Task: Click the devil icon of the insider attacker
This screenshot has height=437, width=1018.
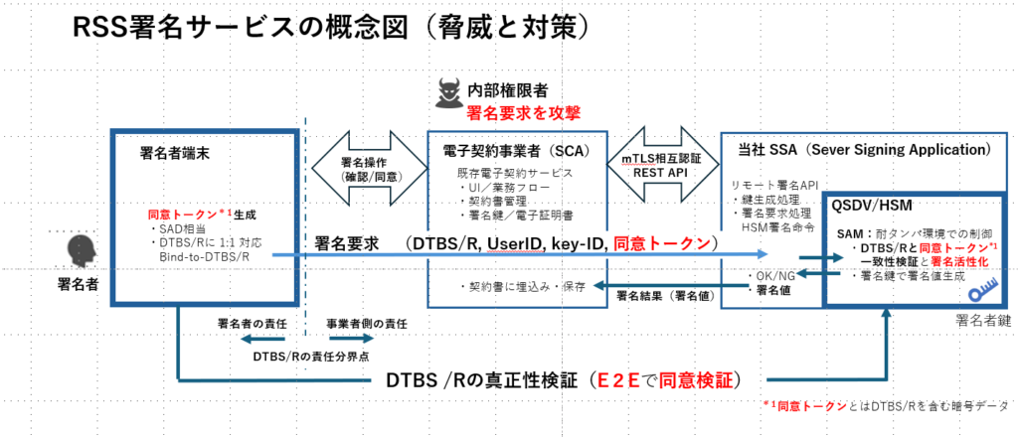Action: coord(448,94)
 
